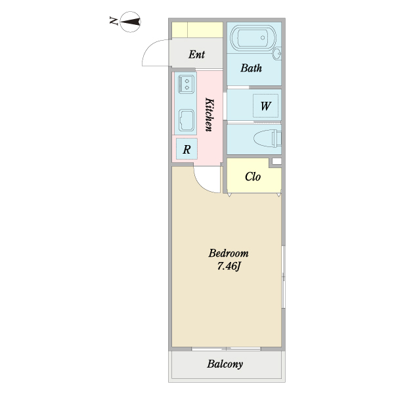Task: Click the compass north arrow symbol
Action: (x=130, y=22)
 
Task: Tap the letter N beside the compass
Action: (x=114, y=20)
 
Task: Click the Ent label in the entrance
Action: (x=196, y=55)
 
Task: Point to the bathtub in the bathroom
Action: (x=253, y=38)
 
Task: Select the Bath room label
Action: (x=251, y=68)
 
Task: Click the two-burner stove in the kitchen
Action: (x=186, y=84)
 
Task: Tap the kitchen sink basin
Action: (x=186, y=120)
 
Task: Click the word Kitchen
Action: (x=209, y=114)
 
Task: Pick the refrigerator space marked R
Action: (x=186, y=149)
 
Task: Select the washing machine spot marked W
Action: (x=265, y=106)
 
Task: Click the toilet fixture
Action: (x=267, y=139)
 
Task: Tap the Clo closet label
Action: (x=253, y=177)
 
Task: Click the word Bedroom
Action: (x=229, y=253)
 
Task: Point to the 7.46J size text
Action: (x=229, y=266)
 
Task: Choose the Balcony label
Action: (x=225, y=364)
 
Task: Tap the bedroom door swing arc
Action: (x=201, y=185)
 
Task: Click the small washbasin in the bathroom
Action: (x=277, y=53)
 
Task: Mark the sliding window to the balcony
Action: (x=226, y=349)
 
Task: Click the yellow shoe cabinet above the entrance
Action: (x=197, y=30)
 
